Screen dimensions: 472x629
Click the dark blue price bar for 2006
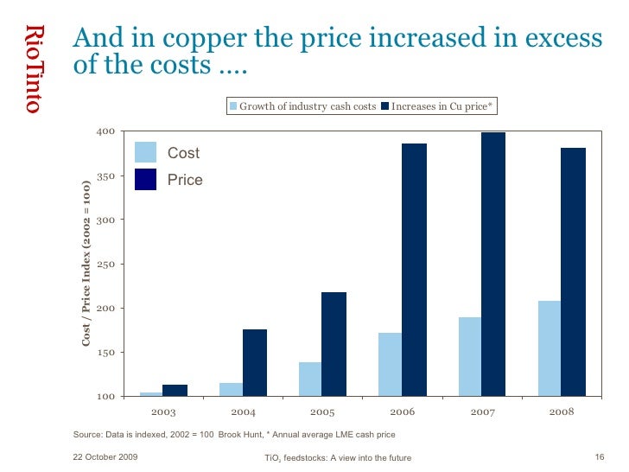pyautogui.click(x=414, y=270)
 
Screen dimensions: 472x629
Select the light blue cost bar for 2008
pyautogui.click(x=549, y=348)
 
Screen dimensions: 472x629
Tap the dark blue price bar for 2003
pyautogui.click(x=175, y=390)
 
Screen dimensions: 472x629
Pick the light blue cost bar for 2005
pyautogui.click(x=309, y=379)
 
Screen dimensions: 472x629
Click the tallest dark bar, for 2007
pyautogui.click(x=493, y=265)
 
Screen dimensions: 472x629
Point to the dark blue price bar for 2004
pyautogui.click(x=254, y=362)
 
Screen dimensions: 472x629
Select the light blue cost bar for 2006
pyautogui.click(x=390, y=364)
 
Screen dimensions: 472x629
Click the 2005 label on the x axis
pyautogui.click(x=321, y=411)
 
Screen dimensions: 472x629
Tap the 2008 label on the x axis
pyautogui.click(x=561, y=411)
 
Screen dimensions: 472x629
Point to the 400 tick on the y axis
pyautogui.click(x=105, y=131)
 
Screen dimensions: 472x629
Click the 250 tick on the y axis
pyautogui.click(x=105, y=264)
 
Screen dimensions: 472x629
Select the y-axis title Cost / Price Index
pyautogui.click(x=86, y=264)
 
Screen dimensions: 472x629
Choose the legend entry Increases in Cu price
pyautogui.click(x=442, y=106)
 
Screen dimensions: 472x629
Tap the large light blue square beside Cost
pyautogui.click(x=145, y=152)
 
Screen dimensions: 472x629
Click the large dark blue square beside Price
pyautogui.click(x=145, y=179)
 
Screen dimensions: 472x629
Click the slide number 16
pyautogui.click(x=600, y=456)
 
